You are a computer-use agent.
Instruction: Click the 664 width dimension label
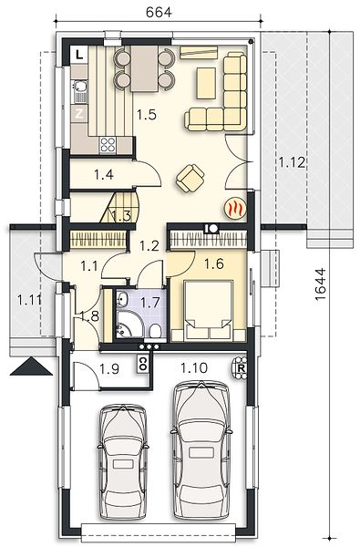(x=159, y=12)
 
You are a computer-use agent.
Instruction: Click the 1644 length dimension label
(x=319, y=284)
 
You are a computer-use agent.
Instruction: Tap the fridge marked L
(x=79, y=55)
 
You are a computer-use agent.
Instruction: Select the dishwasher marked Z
(x=79, y=114)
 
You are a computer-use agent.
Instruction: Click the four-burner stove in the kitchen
(x=108, y=145)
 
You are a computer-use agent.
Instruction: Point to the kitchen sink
(x=80, y=91)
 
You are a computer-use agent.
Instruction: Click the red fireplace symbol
(x=236, y=209)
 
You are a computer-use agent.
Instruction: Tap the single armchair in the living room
(x=190, y=178)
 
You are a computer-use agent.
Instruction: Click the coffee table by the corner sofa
(x=206, y=83)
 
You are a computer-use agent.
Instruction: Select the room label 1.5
(x=146, y=115)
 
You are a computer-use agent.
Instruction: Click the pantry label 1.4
(x=104, y=174)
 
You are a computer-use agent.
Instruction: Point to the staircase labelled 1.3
(x=120, y=208)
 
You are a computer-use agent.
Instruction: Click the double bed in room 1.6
(x=209, y=310)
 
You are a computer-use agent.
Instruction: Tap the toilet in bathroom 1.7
(x=155, y=331)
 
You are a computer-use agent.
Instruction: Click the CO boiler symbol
(x=142, y=364)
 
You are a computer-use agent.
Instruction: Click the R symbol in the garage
(x=241, y=367)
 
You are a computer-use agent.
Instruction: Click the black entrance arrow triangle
(x=31, y=366)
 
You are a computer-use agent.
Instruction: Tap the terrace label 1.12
(x=292, y=162)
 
